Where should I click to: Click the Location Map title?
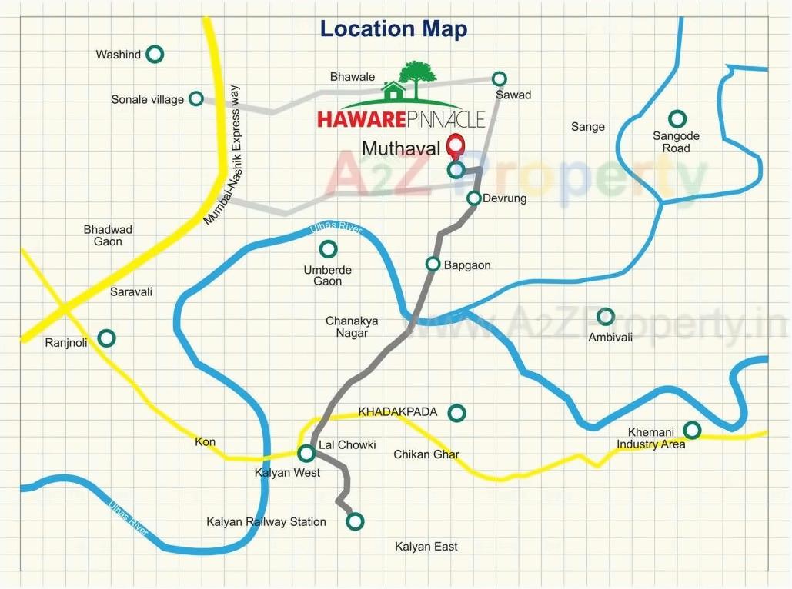(393, 29)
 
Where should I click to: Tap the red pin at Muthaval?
(456, 146)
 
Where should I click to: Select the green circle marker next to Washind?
(155, 54)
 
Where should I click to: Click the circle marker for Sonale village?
(196, 98)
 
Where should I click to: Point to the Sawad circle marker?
(500, 78)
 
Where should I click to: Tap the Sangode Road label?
(676, 141)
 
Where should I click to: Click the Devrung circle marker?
(474, 198)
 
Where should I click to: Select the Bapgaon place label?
(468, 265)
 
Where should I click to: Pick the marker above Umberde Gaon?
(328, 249)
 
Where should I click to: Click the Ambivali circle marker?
(606, 316)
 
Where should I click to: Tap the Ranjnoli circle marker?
(107, 338)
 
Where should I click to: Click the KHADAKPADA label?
(398, 412)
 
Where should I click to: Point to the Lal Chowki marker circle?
(306, 453)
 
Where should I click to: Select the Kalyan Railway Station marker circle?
(354, 522)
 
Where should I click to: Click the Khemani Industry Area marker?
(692, 430)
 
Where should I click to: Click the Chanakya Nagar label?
(352, 327)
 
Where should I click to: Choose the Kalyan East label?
(426, 547)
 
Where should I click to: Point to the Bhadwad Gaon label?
(108, 235)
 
